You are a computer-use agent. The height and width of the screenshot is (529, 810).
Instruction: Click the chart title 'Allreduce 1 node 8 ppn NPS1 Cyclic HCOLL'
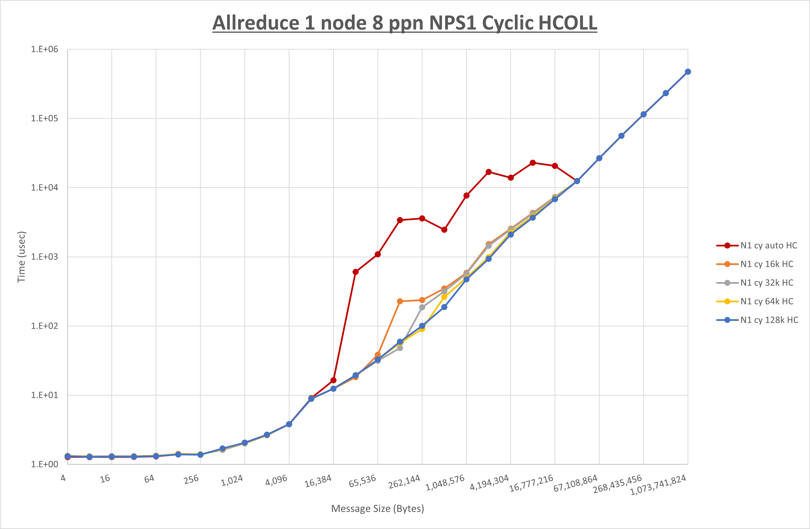click(405, 23)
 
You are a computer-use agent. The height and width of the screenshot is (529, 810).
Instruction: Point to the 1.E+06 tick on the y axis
click(45, 49)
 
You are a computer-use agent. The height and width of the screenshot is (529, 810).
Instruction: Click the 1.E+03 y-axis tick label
click(45, 257)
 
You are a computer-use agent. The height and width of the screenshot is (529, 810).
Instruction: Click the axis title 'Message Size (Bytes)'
click(377, 509)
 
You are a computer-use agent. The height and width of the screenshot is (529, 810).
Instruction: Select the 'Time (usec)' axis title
click(21, 257)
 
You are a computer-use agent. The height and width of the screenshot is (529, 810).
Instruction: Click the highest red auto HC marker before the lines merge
click(533, 163)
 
